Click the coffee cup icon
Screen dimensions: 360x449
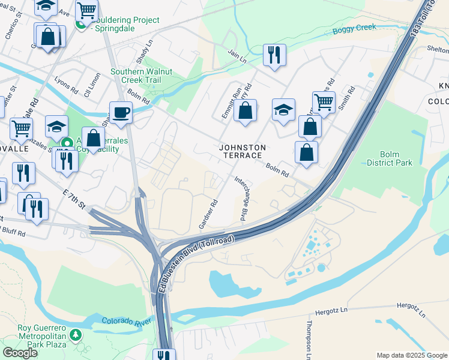(121, 112)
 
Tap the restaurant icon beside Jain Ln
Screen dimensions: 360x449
(274, 55)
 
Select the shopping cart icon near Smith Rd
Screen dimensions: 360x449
(324, 102)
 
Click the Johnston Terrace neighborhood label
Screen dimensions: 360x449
(241, 151)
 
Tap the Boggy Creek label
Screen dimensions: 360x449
(355, 27)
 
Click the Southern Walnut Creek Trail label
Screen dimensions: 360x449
(141, 76)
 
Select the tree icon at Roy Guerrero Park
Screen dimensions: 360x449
(76, 334)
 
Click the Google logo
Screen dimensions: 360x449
(20, 352)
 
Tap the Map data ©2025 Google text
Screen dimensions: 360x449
(411, 355)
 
